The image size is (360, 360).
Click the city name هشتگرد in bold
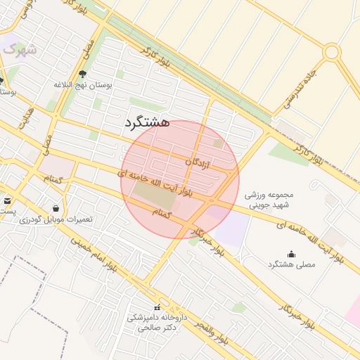[x=147, y=122]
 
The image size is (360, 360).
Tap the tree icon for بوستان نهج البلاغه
[x=82, y=73]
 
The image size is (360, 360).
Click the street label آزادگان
[x=199, y=162]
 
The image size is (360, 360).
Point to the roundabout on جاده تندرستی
[x=331, y=51]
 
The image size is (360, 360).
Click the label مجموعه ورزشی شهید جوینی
[x=269, y=200]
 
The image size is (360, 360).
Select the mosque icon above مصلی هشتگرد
[x=292, y=254]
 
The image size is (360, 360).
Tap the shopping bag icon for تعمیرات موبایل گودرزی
[x=56, y=207]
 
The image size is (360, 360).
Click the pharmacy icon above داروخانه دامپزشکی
[x=157, y=307]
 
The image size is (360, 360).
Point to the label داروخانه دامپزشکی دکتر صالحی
[x=157, y=323]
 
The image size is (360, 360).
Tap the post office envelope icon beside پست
[x=7, y=200]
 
